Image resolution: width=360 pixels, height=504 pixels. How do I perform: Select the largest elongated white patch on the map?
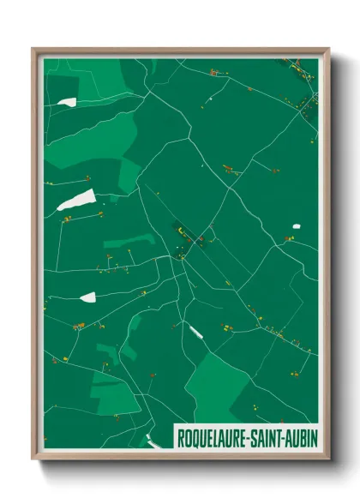click(80, 201)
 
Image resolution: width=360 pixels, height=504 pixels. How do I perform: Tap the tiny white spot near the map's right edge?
click(297, 226)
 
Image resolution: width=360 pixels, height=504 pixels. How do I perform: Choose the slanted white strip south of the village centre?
click(196, 331)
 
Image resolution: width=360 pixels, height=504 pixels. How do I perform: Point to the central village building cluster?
click(185, 236)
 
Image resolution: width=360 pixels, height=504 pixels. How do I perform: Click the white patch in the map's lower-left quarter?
click(87, 297)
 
